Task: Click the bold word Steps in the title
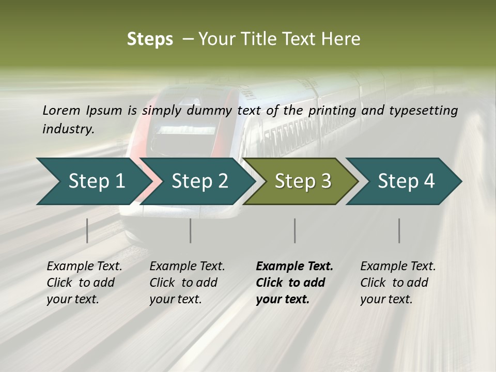pyautogui.click(x=150, y=39)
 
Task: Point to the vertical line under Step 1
pyautogui.click(x=87, y=230)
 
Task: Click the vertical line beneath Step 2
pyautogui.click(x=191, y=230)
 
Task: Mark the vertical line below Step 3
pyautogui.click(x=295, y=230)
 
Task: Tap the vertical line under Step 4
pyautogui.click(x=399, y=230)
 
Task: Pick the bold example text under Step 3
pyautogui.click(x=294, y=283)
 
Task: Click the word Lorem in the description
pyautogui.click(x=61, y=110)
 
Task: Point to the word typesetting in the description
pyautogui.click(x=423, y=110)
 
